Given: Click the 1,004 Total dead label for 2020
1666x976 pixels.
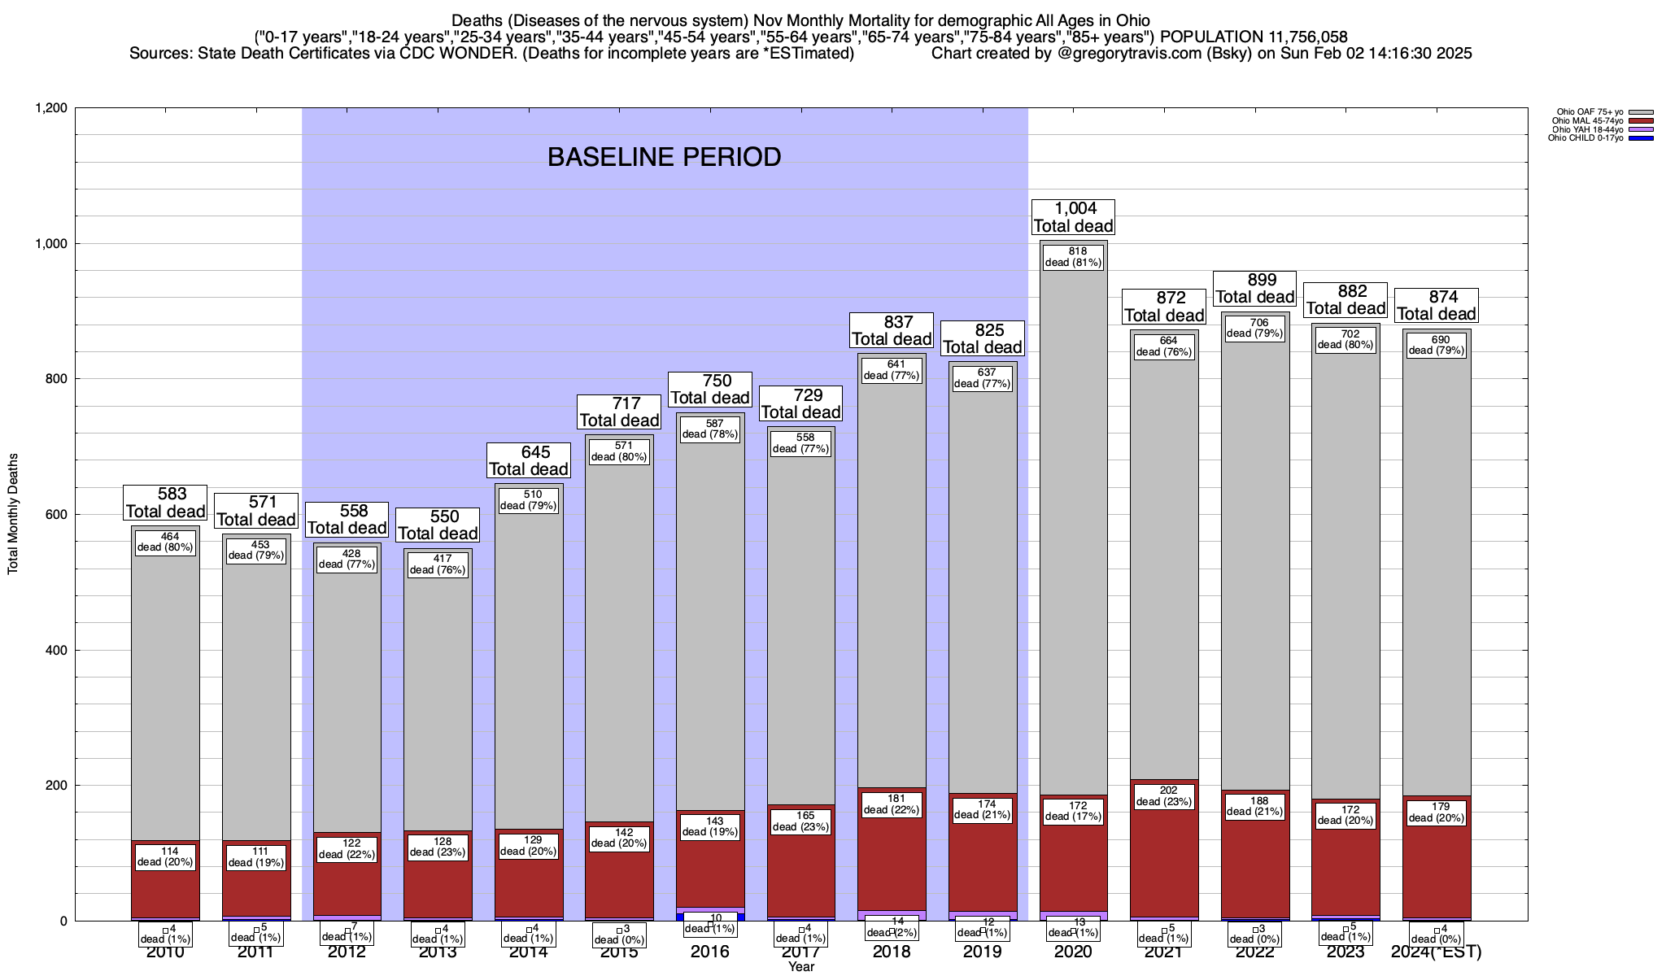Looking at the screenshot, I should pyautogui.click(x=1073, y=217).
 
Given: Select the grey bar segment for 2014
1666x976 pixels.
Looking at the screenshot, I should pyautogui.click(x=529, y=667).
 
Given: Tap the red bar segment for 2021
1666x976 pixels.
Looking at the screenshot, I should pyautogui.click(x=1164, y=862).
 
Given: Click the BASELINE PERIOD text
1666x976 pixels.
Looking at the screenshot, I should pyautogui.click(x=664, y=157).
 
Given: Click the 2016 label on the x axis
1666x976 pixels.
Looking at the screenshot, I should pyautogui.click(x=710, y=952).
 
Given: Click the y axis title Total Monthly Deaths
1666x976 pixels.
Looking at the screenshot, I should pyautogui.click(x=13, y=514).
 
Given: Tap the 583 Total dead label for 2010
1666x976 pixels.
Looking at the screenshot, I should pyautogui.click(x=165, y=503).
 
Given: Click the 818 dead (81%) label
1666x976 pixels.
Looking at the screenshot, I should pyautogui.click(x=1073, y=257).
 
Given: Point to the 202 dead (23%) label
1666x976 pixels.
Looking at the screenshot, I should pyautogui.click(x=1164, y=795).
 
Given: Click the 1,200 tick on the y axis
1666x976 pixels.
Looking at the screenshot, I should pyautogui.click(x=50, y=108).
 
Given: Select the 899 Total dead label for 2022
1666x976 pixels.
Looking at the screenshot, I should pyautogui.click(x=1255, y=289).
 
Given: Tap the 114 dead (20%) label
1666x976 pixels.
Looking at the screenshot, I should pyautogui.click(x=165, y=856).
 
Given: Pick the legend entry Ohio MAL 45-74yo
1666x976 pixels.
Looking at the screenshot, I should pyautogui.click(x=1587, y=121).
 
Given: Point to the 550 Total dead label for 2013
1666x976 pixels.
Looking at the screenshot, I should pyautogui.click(x=438, y=525).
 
